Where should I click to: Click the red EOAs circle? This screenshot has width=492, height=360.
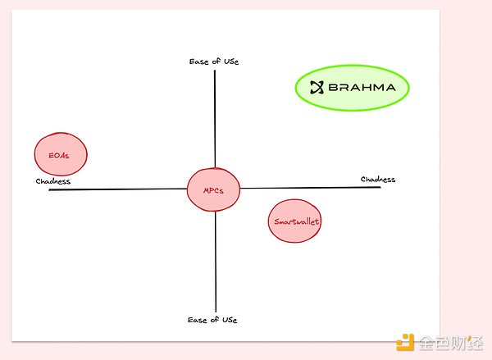pyautogui.click(x=61, y=154)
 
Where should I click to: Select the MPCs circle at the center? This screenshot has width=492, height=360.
pyautogui.click(x=213, y=189)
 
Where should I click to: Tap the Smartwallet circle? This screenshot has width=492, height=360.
pyautogui.click(x=294, y=221)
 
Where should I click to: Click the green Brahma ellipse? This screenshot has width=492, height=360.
pyautogui.click(x=352, y=88)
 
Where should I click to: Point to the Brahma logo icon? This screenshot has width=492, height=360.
pyautogui.click(x=317, y=87)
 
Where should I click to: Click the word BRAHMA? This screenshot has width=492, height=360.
pyautogui.click(x=362, y=87)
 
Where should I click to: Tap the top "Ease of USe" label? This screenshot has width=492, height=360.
pyautogui.click(x=214, y=62)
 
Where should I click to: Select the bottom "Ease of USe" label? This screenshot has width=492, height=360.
pyautogui.click(x=212, y=320)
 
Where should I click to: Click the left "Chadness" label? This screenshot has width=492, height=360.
pyautogui.click(x=53, y=181)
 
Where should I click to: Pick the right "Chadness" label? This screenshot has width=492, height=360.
pyautogui.click(x=378, y=180)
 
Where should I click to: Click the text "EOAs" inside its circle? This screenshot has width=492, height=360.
pyautogui.click(x=59, y=155)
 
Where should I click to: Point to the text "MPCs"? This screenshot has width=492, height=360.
pyautogui.click(x=213, y=190)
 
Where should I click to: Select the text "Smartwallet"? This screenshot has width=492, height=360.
pyautogui.click(x=297, y=221)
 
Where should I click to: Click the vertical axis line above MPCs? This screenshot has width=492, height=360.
pyautogui.click(x=215, y=119)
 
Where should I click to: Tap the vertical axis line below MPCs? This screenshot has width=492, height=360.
pyautogui.click(x=216, y=262)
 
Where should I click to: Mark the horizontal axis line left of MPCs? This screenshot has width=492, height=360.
pyautogui.click(x=117, y=189)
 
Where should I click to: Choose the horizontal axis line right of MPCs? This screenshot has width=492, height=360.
pyautogui.click(x=310, y=188)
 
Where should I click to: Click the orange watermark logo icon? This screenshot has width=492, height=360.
pyautogui.click(x=405, y=342)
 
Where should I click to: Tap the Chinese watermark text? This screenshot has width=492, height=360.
pyautogui.click(x=450, y=343)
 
